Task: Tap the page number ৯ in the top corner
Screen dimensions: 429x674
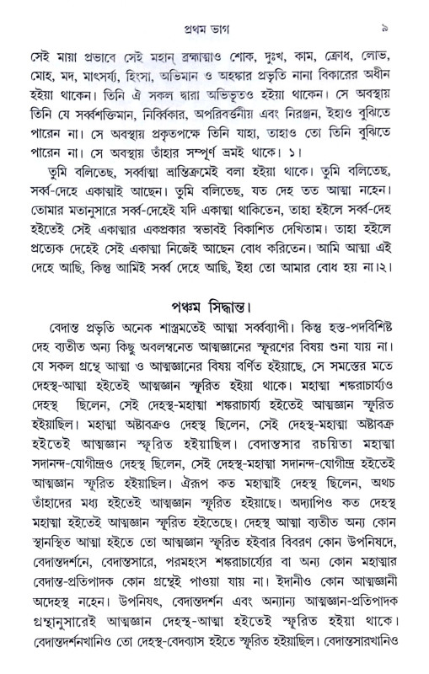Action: pos(407,12)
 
